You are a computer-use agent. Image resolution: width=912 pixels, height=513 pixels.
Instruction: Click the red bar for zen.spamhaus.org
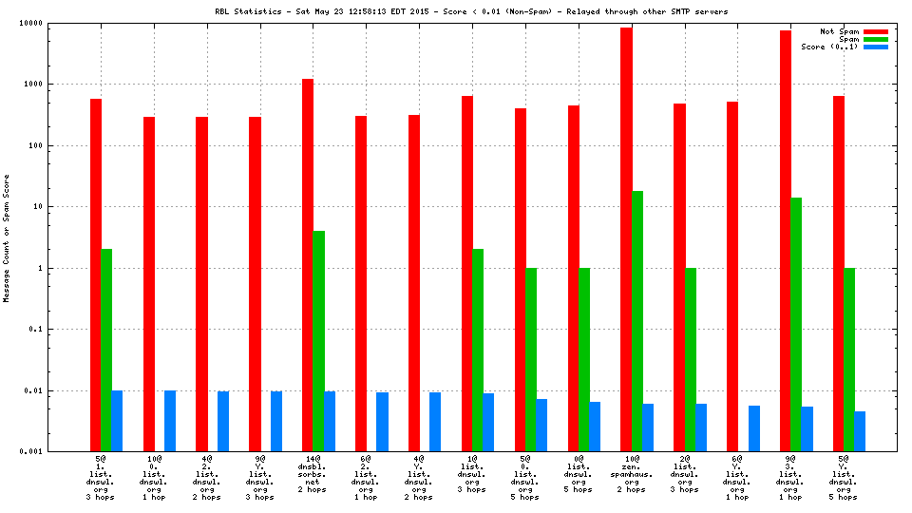pos(626,237)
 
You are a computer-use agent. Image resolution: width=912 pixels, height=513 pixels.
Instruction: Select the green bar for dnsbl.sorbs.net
pos(319,340)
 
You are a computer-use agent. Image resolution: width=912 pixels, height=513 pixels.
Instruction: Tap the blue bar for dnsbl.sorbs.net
pos(330,421)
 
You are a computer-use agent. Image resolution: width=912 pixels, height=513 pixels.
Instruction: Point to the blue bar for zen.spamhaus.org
pos(648,427)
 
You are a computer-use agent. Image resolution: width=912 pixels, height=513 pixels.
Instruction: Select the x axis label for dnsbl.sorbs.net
pos(313,477)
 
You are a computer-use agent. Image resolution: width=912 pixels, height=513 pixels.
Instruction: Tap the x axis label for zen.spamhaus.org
pos(632,477)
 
